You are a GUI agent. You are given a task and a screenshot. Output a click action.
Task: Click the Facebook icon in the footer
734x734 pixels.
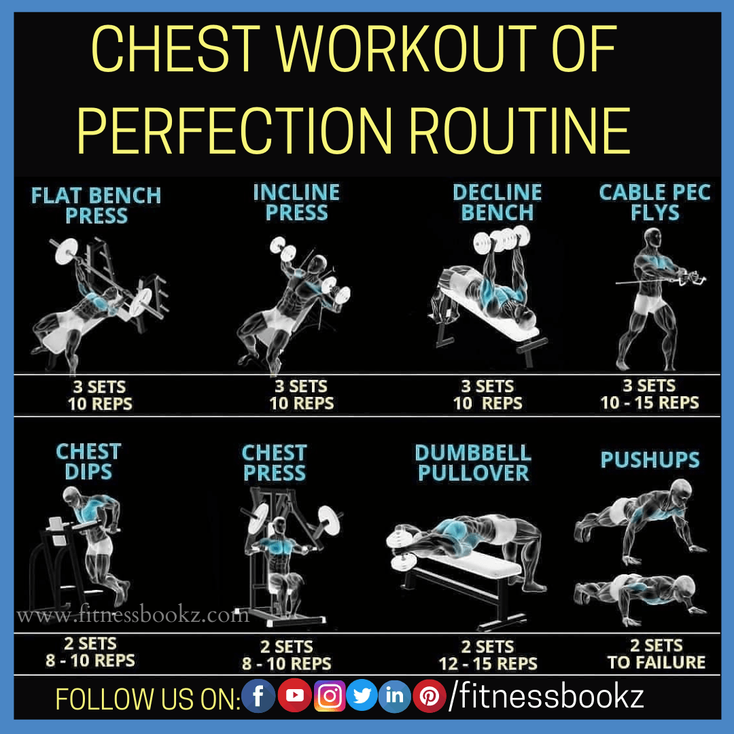point(259,696)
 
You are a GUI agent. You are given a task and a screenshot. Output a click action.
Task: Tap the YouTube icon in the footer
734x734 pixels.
point(294,696)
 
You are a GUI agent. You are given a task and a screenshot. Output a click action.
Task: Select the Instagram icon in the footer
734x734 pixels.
point(330,696)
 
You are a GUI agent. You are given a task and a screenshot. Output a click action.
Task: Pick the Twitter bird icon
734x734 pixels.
point(362,696)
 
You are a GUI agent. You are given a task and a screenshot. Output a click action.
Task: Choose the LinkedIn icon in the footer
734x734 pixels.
point(395,696)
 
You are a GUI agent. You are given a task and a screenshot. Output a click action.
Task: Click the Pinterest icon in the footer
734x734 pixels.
point(429,696)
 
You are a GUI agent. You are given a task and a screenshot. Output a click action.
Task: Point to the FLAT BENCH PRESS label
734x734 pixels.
point(96,206)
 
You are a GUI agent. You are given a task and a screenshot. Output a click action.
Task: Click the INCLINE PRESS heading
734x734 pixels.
point(296,203)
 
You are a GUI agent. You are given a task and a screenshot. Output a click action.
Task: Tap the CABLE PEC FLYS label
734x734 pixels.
point(654,203)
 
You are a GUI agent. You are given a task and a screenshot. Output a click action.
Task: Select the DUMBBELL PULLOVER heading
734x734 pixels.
point(473,463)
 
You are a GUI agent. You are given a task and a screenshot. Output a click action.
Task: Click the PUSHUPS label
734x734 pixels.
point(650,460)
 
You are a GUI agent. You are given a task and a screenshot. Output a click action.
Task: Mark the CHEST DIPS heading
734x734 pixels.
point(88,461)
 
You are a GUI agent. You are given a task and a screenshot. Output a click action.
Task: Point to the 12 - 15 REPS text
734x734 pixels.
point(488,663)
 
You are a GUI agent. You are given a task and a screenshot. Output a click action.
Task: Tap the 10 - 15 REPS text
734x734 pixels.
point(649,403)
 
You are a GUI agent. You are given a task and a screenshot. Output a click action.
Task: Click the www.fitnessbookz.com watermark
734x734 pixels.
point(133,616)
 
